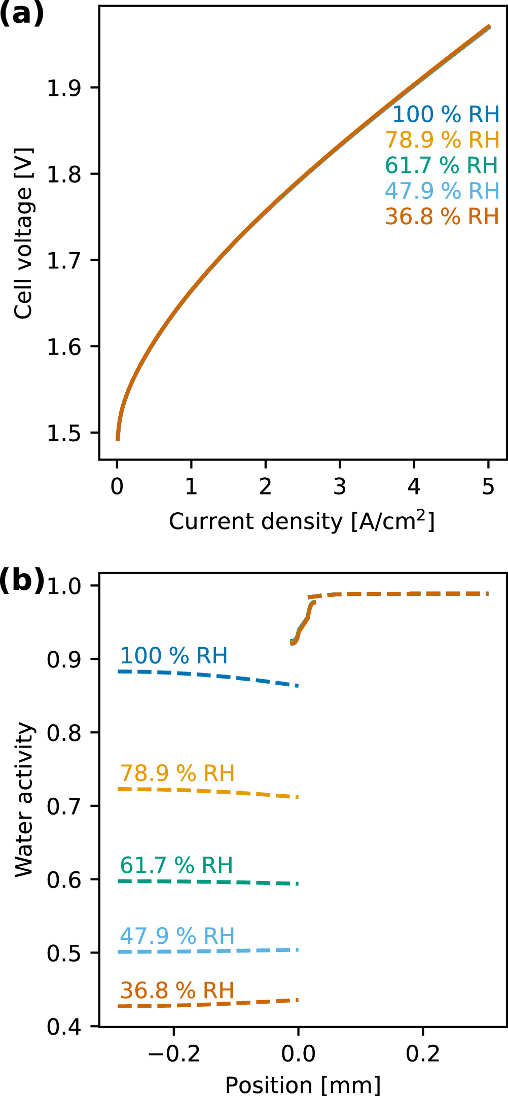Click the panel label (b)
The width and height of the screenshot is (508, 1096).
coord(22,580)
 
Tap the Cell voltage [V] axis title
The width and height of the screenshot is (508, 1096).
coord(23,233)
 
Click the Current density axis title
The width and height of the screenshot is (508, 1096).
coord(302,521)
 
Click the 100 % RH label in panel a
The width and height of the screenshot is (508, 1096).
coord(446,115)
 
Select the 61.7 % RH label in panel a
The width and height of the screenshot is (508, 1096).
coord(441,165)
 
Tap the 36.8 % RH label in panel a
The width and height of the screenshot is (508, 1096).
coord(442,217)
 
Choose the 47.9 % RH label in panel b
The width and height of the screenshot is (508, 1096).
coord(177,936)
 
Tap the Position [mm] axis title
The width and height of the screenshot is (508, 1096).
coord(303,1085)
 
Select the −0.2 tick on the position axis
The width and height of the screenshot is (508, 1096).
coord(174,1054)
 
